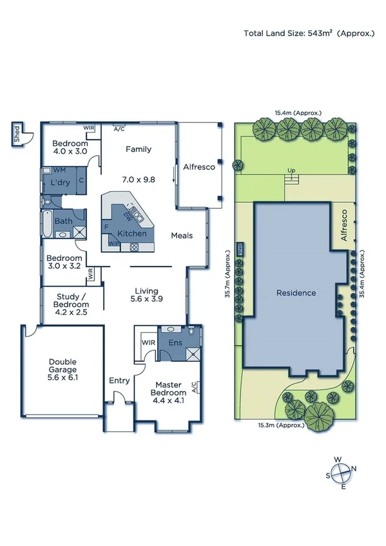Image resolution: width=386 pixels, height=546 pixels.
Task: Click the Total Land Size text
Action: click(x=308, y=33)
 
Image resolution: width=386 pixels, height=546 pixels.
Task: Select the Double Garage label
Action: click(x=63, y=370)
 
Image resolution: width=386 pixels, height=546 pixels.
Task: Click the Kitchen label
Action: click(x=131, y=233)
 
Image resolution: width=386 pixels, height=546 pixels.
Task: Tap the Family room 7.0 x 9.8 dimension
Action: click(x=139, y=180)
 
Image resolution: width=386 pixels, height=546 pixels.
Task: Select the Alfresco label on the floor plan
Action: click(x=199, y=165)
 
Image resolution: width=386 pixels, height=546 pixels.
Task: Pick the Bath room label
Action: click(x=63, y=221)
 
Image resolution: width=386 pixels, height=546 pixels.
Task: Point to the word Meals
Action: click(x=182, y=236)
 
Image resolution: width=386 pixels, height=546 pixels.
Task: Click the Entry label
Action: click(x=119, y=381)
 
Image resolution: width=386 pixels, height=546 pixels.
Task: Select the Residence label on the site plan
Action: click(x=296, y=293)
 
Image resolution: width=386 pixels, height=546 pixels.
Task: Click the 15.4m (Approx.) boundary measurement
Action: click(x=298, y=113)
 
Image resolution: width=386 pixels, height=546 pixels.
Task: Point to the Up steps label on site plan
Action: click(x=291, y=171)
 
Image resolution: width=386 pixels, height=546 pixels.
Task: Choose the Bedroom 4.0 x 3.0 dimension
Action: click(x=70, y=153)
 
